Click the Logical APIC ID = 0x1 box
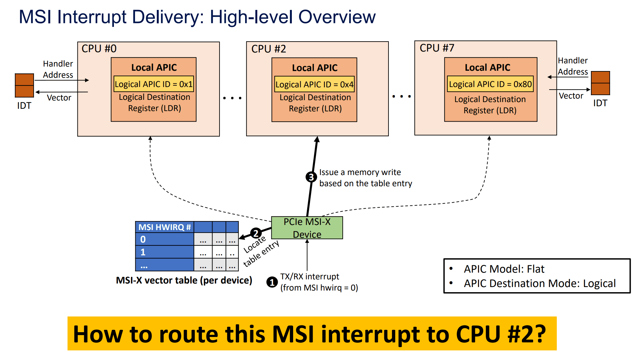pyautogui.click(x=154, y=84)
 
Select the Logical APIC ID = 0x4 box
pyautogui.click(x=314, y=84)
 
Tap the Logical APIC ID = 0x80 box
pyautogui.click(x=490, y=84)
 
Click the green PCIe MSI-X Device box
pyautogui.click(x=307, y=228)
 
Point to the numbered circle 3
pyautogui.click(x=311, y=177)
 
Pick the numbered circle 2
pyautogui.click(x=256, y=233)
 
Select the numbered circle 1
pyautogui.click(x=272, y=282)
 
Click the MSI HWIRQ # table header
pyautogui.click(x=164, y=227)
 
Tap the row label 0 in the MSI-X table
pyautogui.click(x=143, y=239)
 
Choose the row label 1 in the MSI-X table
pyautogui.click(x=143, y=252)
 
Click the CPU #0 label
pyautogui.click(x=99, y=49)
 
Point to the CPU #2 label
pyautogui.click(x=268, y=49)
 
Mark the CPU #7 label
pyautogui.click(x=437, y=48)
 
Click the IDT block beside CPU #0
pyautogui.click(x=24, y=85)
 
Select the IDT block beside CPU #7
pyautogui.click(x=600, y=83)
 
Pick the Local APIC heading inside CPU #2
pyautogui.click(x=315, y=68)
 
